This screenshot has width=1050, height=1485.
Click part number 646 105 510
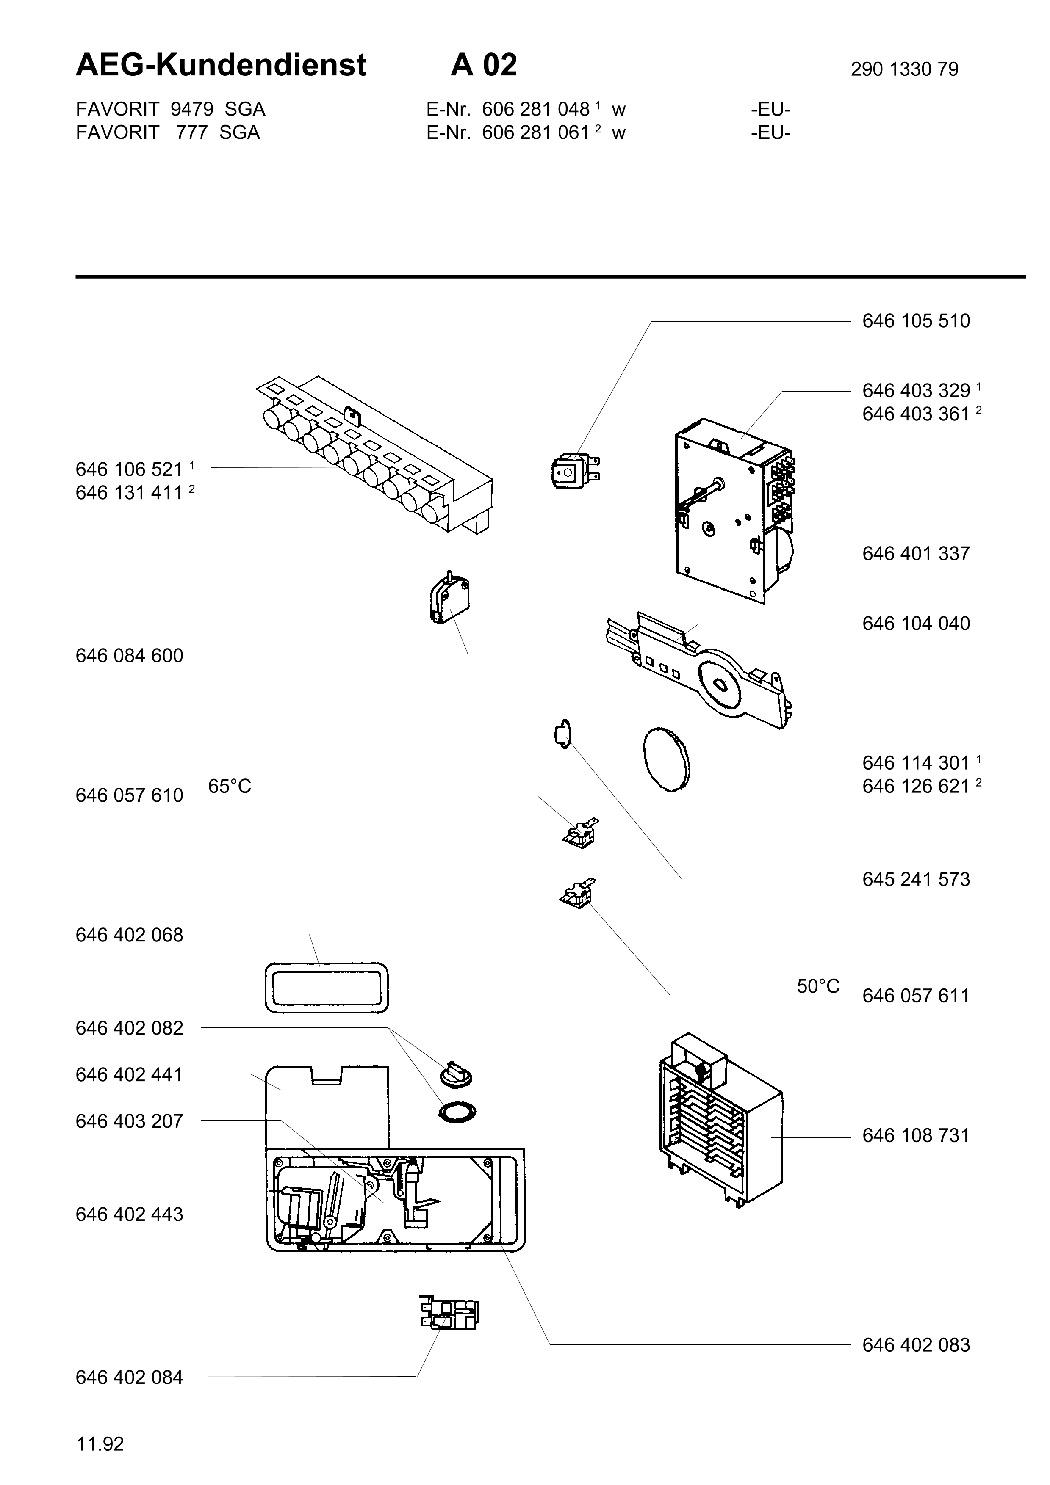coord(916,321)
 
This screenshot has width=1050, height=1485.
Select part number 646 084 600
coord(129,656)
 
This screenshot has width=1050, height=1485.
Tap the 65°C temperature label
coord(230,786)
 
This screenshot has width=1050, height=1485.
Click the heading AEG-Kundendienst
coord(221,65)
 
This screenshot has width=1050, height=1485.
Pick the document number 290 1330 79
coord(904,69)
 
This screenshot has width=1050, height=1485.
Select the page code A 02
coord(484,65)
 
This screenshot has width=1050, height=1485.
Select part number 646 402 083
coord(916,1345)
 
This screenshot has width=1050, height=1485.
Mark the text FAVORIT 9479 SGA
coord(171,109)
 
